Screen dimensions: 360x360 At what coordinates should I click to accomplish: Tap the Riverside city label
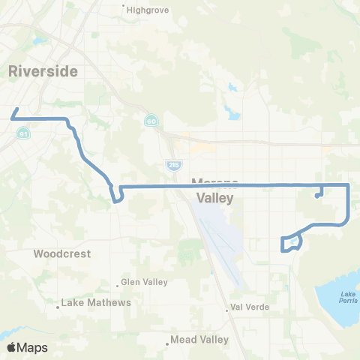tap(43, 70)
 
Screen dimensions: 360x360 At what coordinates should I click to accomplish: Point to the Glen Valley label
tap(142, 283)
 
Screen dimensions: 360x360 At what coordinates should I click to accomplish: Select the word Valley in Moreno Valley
tap(215, 198)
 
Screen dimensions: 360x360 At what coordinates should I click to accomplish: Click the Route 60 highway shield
tap(151, 120)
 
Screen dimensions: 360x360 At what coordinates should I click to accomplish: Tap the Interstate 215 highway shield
tap(172, 163)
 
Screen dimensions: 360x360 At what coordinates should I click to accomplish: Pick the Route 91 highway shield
tap(23, 133)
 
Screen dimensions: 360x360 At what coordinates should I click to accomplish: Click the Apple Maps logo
tap(27, 347)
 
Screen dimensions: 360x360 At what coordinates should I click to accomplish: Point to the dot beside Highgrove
tap(124, 10)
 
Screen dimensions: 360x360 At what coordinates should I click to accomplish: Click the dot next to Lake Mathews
tap(58, 305)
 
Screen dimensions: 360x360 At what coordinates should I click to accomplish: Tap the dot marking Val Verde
tap(226, 308)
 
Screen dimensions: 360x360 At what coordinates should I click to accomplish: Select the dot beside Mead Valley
tap(167, 345)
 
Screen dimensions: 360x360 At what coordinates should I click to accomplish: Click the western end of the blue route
tap(11, 118)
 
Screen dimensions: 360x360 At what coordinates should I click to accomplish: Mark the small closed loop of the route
tap(291, 243)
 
